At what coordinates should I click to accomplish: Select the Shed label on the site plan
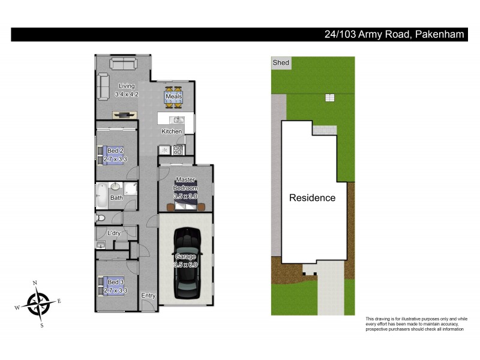281,63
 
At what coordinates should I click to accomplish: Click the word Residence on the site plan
312,197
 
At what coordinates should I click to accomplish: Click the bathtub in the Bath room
101,196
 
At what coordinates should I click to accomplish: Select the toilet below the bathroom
101,217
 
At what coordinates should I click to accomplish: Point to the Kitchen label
171,131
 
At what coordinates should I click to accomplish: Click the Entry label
148,296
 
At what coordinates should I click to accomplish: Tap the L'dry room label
114,233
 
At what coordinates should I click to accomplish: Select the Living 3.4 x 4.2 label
127,90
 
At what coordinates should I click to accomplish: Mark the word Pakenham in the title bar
439,34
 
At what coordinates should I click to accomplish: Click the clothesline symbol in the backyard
328,97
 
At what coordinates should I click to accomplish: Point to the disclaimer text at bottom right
416,324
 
